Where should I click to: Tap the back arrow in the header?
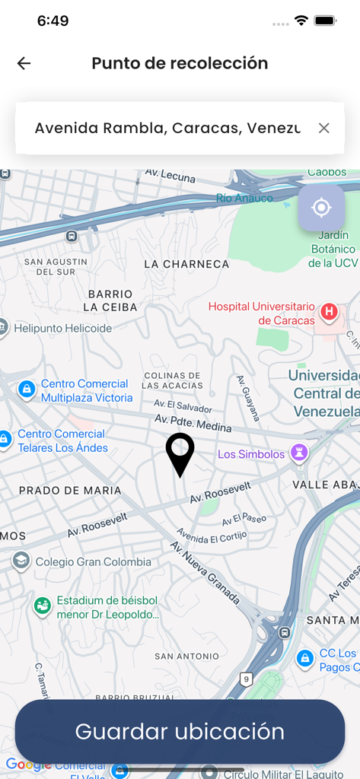24,64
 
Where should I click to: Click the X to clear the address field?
323,128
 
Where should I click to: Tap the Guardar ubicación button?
180,732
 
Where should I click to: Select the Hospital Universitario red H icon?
329,311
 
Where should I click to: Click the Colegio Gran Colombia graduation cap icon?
21,561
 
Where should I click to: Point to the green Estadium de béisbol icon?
43,606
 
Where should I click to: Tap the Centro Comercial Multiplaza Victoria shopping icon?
27,390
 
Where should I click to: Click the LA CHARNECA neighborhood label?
186,264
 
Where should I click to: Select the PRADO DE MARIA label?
70,491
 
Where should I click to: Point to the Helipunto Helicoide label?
62,329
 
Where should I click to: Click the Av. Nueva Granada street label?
206,571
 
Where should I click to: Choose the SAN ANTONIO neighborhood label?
186,656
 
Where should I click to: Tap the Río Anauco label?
244,198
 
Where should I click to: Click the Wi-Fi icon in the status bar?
301,21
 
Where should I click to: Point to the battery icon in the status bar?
326,21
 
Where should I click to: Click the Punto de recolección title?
180,64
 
